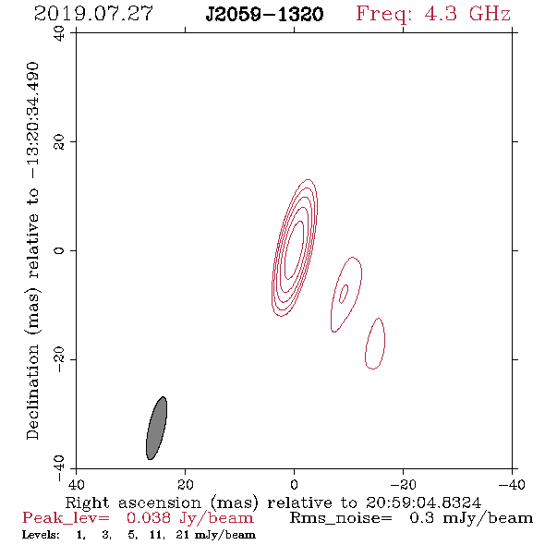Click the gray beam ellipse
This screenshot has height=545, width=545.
[x=156, y=429]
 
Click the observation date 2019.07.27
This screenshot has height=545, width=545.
[x=93, y=14]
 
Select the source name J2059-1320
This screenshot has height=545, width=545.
[x=264, y=15]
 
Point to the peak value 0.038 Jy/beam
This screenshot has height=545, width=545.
[x=189, y=518]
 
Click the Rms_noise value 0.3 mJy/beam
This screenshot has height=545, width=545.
[x=471, y=518]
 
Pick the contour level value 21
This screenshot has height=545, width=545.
[x=183, y=535]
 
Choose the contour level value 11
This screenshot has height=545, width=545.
[x=155, y=535]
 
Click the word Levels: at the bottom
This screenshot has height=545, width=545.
[x=41, y=535]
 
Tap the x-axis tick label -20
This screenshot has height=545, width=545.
[x=403, y=485]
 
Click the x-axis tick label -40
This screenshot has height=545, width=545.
[x=512, y=485]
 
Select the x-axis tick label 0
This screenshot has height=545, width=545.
[x=294, y=485]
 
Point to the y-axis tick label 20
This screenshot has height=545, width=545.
[x=59, y=142]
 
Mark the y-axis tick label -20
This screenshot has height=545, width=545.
[x=59, y=359]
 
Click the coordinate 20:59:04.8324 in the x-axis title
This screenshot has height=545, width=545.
[x=423, y=503]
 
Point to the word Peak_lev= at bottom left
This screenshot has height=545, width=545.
[x=66, y=518]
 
